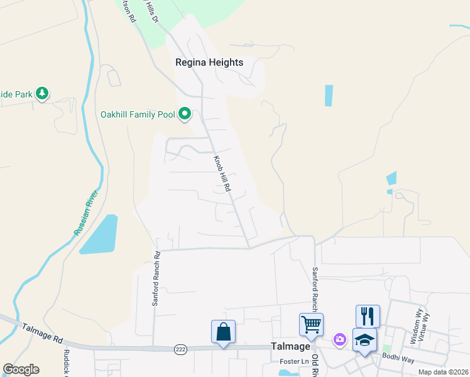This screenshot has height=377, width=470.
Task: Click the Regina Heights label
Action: point(209,62)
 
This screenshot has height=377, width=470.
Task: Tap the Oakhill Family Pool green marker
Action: point(185,114)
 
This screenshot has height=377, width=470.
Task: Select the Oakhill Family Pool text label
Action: point(138,114)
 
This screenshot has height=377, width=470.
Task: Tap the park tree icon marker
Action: point(42,94)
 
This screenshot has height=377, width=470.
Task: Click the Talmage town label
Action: point(291,346)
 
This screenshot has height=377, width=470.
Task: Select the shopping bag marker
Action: point(224,331)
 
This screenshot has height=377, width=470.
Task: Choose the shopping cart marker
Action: point(311,324)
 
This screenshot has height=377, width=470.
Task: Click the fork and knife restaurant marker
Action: point(368,315)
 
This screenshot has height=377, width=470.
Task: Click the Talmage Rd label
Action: point(43,333)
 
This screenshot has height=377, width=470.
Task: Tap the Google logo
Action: point(21,369)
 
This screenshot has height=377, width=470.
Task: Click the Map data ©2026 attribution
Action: point(434,372)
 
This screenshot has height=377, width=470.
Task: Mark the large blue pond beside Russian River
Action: point(99,234)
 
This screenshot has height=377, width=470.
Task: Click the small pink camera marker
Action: point(340,339)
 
